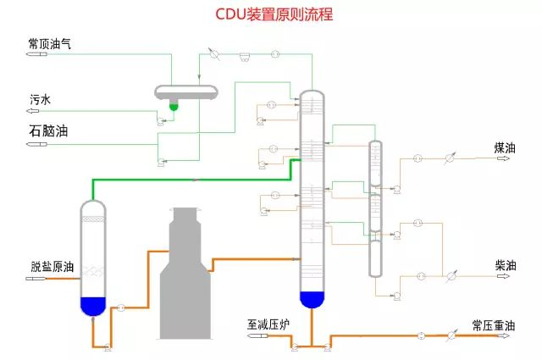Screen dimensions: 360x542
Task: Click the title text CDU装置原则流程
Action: pyautogui.click(x=270, y=14)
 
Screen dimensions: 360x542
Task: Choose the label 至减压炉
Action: pyautogui.click(x=269, y=324)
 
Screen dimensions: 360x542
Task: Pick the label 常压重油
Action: pyautogui.click(x=493, y=324)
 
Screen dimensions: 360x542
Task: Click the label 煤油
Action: pyautogui.click(x=505, y=147)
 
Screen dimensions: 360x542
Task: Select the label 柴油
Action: pyautogui.click(x=505, y=264)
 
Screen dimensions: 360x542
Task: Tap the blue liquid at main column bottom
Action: pyautogui.click(x=312, y=298)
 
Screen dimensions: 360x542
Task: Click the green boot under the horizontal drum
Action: pyautogui.click(x=174, y=105)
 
